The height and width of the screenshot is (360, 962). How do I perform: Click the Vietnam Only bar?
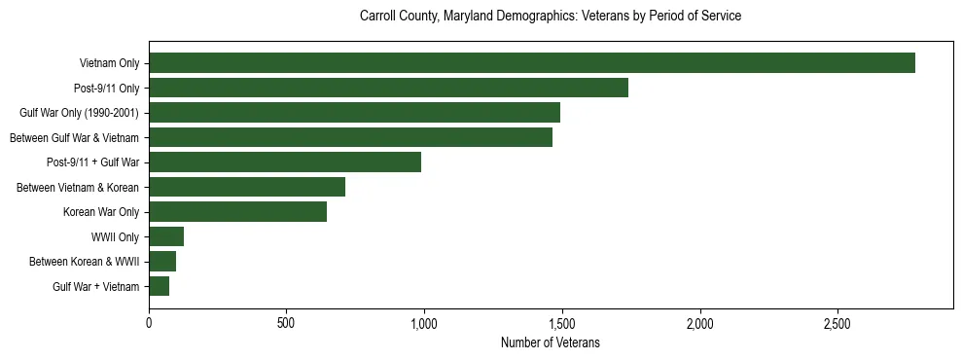tap(532, 63)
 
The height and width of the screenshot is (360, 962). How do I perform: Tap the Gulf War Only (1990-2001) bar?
tap(354, 113)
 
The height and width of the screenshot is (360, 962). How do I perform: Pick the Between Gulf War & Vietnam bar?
tap(350, 137)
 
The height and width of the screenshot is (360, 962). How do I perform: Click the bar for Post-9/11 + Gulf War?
tap(285, 162)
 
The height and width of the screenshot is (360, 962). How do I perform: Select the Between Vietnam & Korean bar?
tap(247, 187)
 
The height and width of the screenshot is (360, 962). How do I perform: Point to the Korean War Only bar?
tap(237, 212)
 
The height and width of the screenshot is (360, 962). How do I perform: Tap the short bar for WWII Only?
tap(166, 236)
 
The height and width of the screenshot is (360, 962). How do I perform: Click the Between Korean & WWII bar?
tap(162, 262)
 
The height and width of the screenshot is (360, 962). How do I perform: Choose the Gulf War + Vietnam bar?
tap(159, 286)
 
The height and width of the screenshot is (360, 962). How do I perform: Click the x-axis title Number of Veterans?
tap(550, 342)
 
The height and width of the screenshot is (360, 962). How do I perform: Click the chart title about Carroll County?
tap(550, 17)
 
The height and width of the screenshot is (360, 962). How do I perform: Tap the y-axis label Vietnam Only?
tap(110, 63)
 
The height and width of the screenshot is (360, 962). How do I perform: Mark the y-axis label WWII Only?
tap(116, 236)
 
